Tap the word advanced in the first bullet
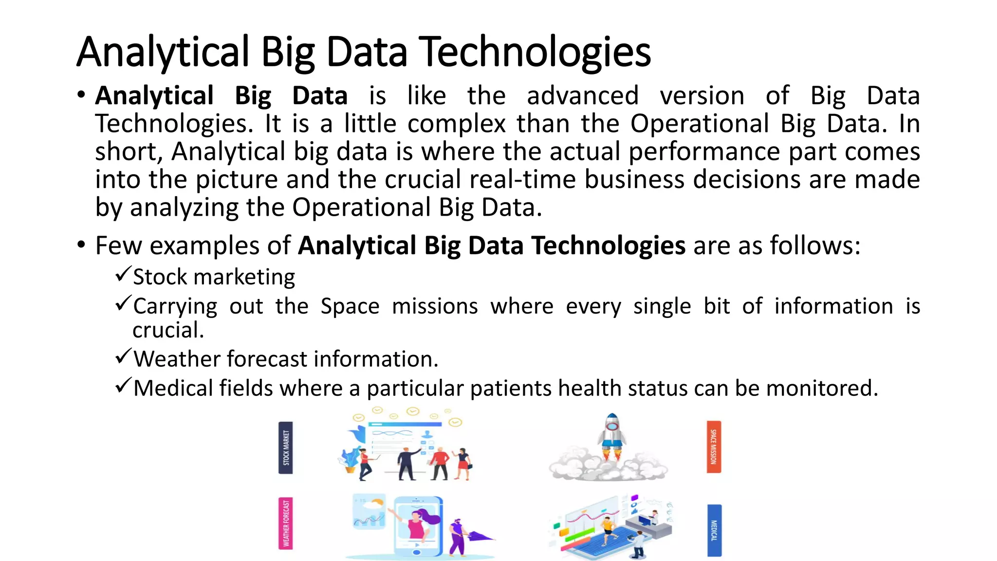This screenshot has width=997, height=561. click(x=583, y=95)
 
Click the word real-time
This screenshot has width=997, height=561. click(x=523, y=179)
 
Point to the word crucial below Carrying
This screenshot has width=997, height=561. click(x=168, y=330)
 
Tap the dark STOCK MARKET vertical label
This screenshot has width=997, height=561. click(x=286, y=448)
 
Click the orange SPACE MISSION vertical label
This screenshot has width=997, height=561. click(x=714, y=447)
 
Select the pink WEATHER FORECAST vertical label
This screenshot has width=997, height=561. click(x=286, y=523)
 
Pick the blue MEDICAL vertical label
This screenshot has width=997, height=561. click(x=714, y=530)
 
